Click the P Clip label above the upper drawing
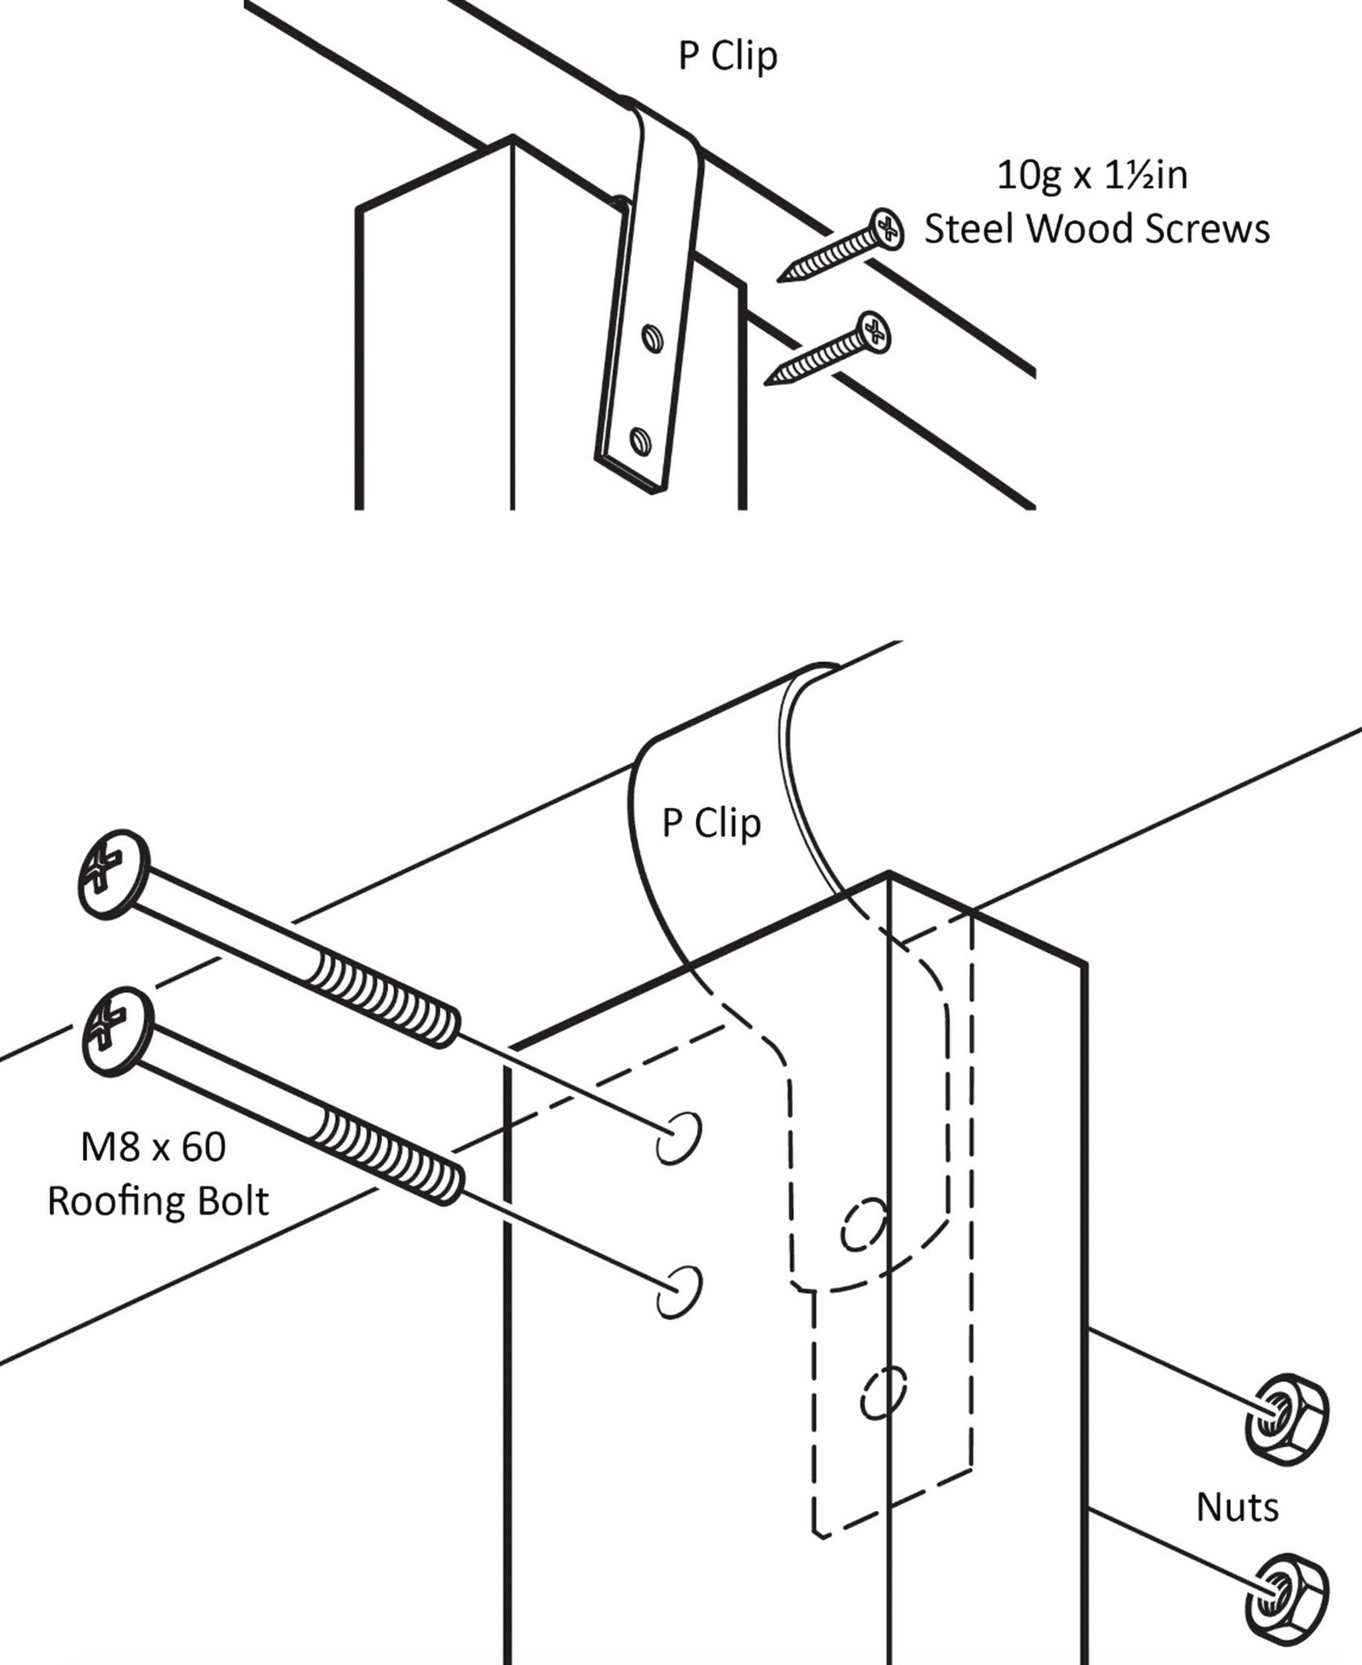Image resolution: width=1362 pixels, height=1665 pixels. [x=728, y=57]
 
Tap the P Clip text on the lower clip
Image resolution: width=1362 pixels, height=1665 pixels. [x=711, y=824]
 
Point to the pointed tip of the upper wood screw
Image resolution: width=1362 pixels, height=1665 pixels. [x=781, y=280]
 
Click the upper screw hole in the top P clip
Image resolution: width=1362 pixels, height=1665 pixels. [x=652, y=338]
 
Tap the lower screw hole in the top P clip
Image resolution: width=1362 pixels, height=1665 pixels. [x=641, y=441]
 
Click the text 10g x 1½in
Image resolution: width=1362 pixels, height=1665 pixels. [x=1092, y=176]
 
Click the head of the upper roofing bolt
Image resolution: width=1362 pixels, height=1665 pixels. [x=113, y=874]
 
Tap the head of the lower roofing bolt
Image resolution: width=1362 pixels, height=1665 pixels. [x=117, y=1031]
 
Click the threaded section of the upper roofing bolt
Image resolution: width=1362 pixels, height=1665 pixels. [x=384, y=999]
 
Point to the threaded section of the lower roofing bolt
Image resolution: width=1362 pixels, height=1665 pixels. [x=389, y=1157]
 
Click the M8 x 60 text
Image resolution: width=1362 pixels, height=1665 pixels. [x=153, y=1147]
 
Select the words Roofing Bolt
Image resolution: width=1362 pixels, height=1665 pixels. [x=158, y=1202]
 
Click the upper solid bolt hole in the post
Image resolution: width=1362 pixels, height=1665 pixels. [x=678, y=1138]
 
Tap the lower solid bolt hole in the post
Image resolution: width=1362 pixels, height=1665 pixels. [x=678, y=1291]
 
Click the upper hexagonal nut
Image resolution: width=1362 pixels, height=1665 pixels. [x=1286, y=1419]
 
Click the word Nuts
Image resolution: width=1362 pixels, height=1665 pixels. [x=1237, y=1508]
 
